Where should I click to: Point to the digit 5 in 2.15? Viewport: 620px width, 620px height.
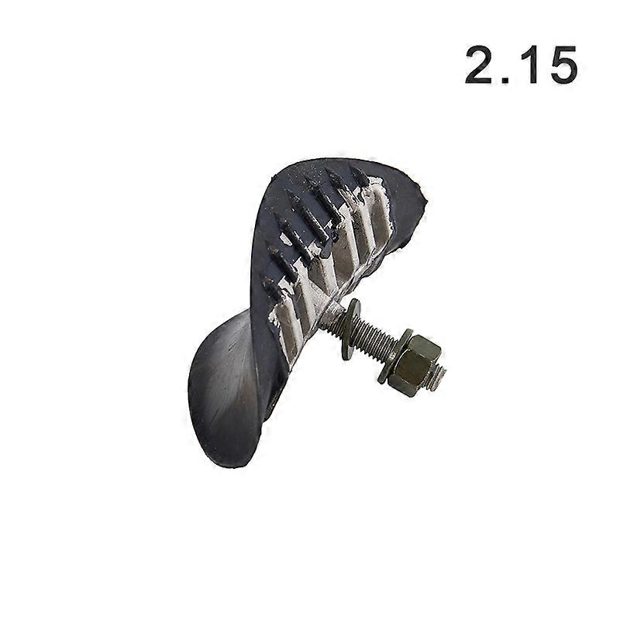tap(560, 65)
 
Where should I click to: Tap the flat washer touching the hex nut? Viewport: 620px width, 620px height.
tap(391, 356)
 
